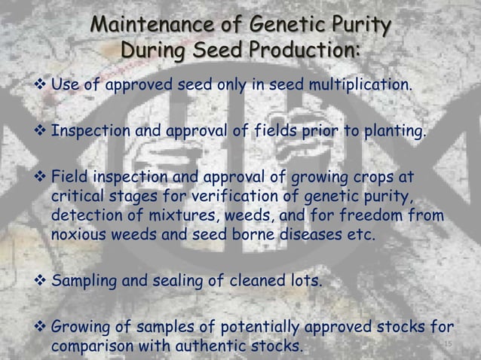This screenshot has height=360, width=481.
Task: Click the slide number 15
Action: click(446, 346)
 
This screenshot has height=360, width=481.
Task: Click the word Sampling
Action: click(84, 282)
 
